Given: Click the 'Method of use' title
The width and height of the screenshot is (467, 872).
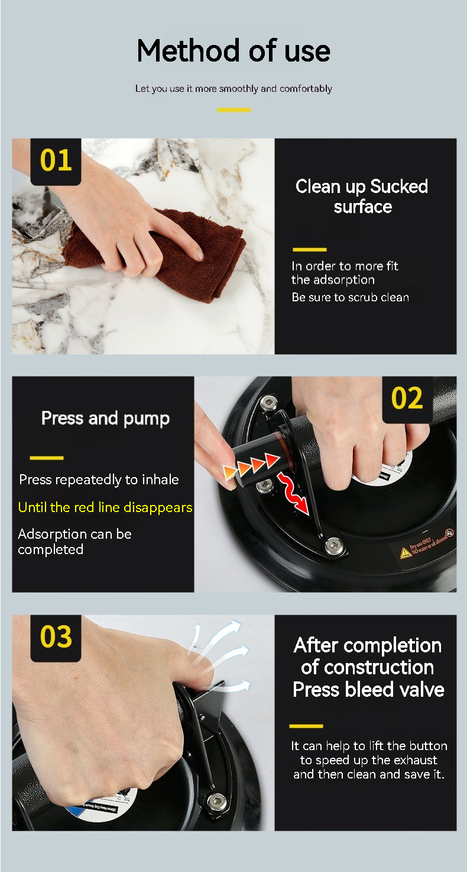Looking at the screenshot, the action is click(x=234, y=51).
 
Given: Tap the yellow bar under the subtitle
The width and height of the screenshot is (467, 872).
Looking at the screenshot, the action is click(x=234, y=110).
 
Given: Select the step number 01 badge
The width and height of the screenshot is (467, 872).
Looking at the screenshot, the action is click(x=56, y=161).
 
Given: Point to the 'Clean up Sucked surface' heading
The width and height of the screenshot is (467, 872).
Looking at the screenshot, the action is click(x=362, y=197).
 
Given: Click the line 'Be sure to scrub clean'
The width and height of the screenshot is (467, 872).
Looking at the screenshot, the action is click(x=351, y=297).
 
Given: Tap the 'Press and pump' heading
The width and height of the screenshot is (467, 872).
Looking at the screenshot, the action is click(x=105, y=419).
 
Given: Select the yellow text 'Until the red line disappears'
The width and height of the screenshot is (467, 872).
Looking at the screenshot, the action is click(x=105, y=507).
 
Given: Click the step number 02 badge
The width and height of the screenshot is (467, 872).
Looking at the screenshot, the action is click(x=407, y=399).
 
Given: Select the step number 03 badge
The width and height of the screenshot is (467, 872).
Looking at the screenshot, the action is click(x=56, y=638).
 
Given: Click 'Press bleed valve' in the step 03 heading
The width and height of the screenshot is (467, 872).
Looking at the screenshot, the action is click(x=368, y=690).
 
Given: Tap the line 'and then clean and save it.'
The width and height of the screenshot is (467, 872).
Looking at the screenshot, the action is click(x=369, y=774).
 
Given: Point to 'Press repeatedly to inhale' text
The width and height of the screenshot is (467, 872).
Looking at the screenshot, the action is click(x=99, y=480).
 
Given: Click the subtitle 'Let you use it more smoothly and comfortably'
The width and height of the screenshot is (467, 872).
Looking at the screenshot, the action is click(x=234, y=89).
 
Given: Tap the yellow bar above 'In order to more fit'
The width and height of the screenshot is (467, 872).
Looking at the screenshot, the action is click(x=310, y=250).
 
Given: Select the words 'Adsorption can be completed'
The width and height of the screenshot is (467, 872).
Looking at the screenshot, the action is click(x=74, y=542).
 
